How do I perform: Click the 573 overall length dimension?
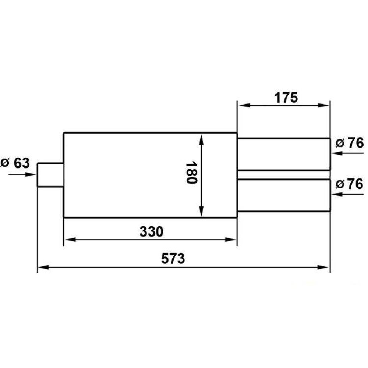tap(173, 259)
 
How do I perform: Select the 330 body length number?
tap(151, 231)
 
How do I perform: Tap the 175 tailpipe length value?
tap(286, 98)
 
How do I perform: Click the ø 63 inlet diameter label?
tap(15, 163)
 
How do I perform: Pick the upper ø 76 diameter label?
tap(350, 143)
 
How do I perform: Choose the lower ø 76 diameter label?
tap(350, 184)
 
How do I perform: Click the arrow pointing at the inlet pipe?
tap(22, 174)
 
